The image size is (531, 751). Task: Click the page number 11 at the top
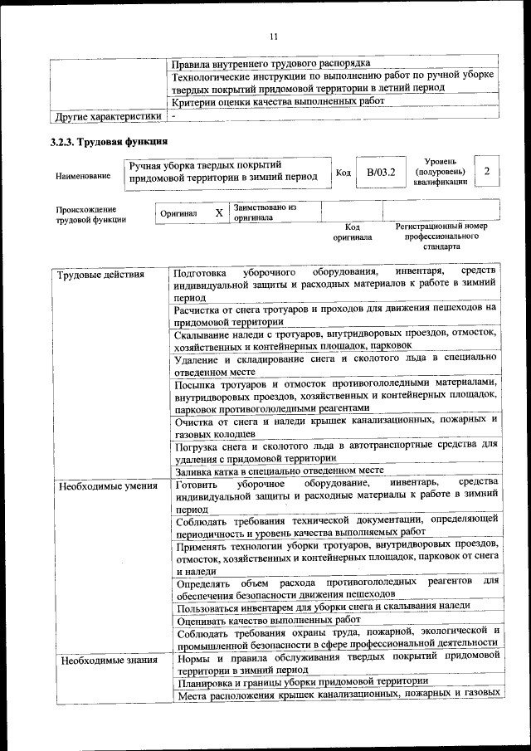tap(274, 36)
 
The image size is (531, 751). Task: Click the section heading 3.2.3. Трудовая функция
tap(110, 141)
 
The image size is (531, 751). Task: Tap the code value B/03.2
tap(381, 173)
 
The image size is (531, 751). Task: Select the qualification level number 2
tap(487, 171)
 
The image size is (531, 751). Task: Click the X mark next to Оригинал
tap(219, 212)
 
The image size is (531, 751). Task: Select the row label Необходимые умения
tap(108, 485)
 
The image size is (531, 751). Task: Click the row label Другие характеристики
tap(107, 116)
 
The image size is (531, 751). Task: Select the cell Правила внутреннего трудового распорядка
tap(270, 62)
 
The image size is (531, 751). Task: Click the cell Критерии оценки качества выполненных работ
tap(278, 101)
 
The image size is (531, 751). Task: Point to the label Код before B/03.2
tap(343, 173)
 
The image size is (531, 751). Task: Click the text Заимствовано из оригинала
tap(265, 212)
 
